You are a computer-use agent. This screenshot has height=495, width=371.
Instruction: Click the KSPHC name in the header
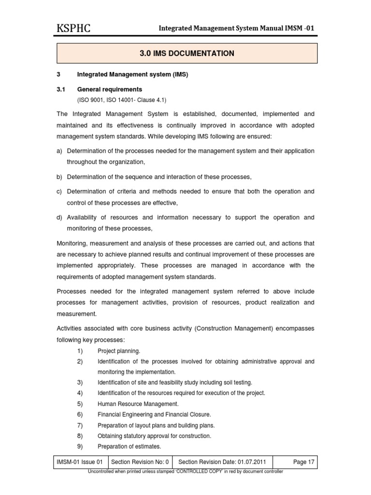pos(73,29)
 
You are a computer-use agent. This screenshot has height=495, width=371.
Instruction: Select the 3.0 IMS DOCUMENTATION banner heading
pos(187,53)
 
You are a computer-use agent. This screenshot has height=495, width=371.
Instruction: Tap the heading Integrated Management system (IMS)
pos(132,75)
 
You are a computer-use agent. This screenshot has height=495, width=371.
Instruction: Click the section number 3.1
pos(61,89)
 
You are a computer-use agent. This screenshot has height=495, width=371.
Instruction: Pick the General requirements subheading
pos(110,89)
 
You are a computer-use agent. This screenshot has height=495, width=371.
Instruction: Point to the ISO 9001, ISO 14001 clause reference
pos(122,100)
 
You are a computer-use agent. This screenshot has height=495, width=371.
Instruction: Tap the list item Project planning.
pos(119,351)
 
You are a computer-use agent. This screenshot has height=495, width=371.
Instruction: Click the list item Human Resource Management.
pos(138,404)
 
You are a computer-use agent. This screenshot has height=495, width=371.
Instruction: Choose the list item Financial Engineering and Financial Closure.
pos(154,414)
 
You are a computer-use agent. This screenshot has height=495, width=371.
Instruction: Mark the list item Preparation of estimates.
pos(129,446)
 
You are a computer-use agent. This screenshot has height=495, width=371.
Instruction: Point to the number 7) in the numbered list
pos(80,425)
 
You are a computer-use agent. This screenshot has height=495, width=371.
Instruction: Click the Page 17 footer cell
pos(303,462)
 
